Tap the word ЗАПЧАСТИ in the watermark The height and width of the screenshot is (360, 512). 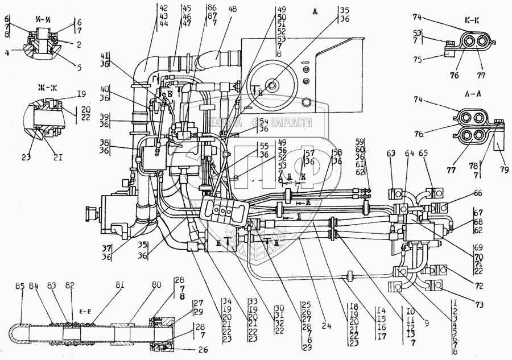pos(292,122)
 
